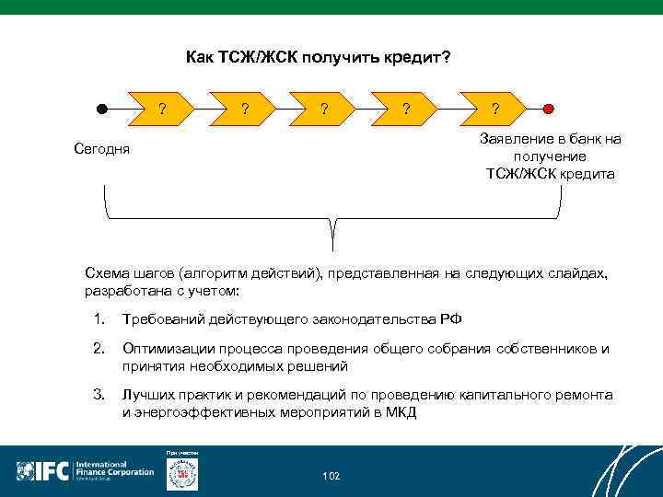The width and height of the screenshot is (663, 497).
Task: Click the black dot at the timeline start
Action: (x=102, y=110)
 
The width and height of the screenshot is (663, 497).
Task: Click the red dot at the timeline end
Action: (x=549, y=110)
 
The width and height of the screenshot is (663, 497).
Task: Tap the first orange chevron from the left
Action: (x=163, y=110)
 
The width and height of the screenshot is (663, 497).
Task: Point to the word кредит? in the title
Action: (x=414, y=58)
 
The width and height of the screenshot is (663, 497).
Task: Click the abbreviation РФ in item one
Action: (x=451, y=319)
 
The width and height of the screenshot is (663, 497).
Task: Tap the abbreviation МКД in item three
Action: (x=401, y=413)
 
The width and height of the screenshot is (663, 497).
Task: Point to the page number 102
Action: (x=331, y=475)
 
